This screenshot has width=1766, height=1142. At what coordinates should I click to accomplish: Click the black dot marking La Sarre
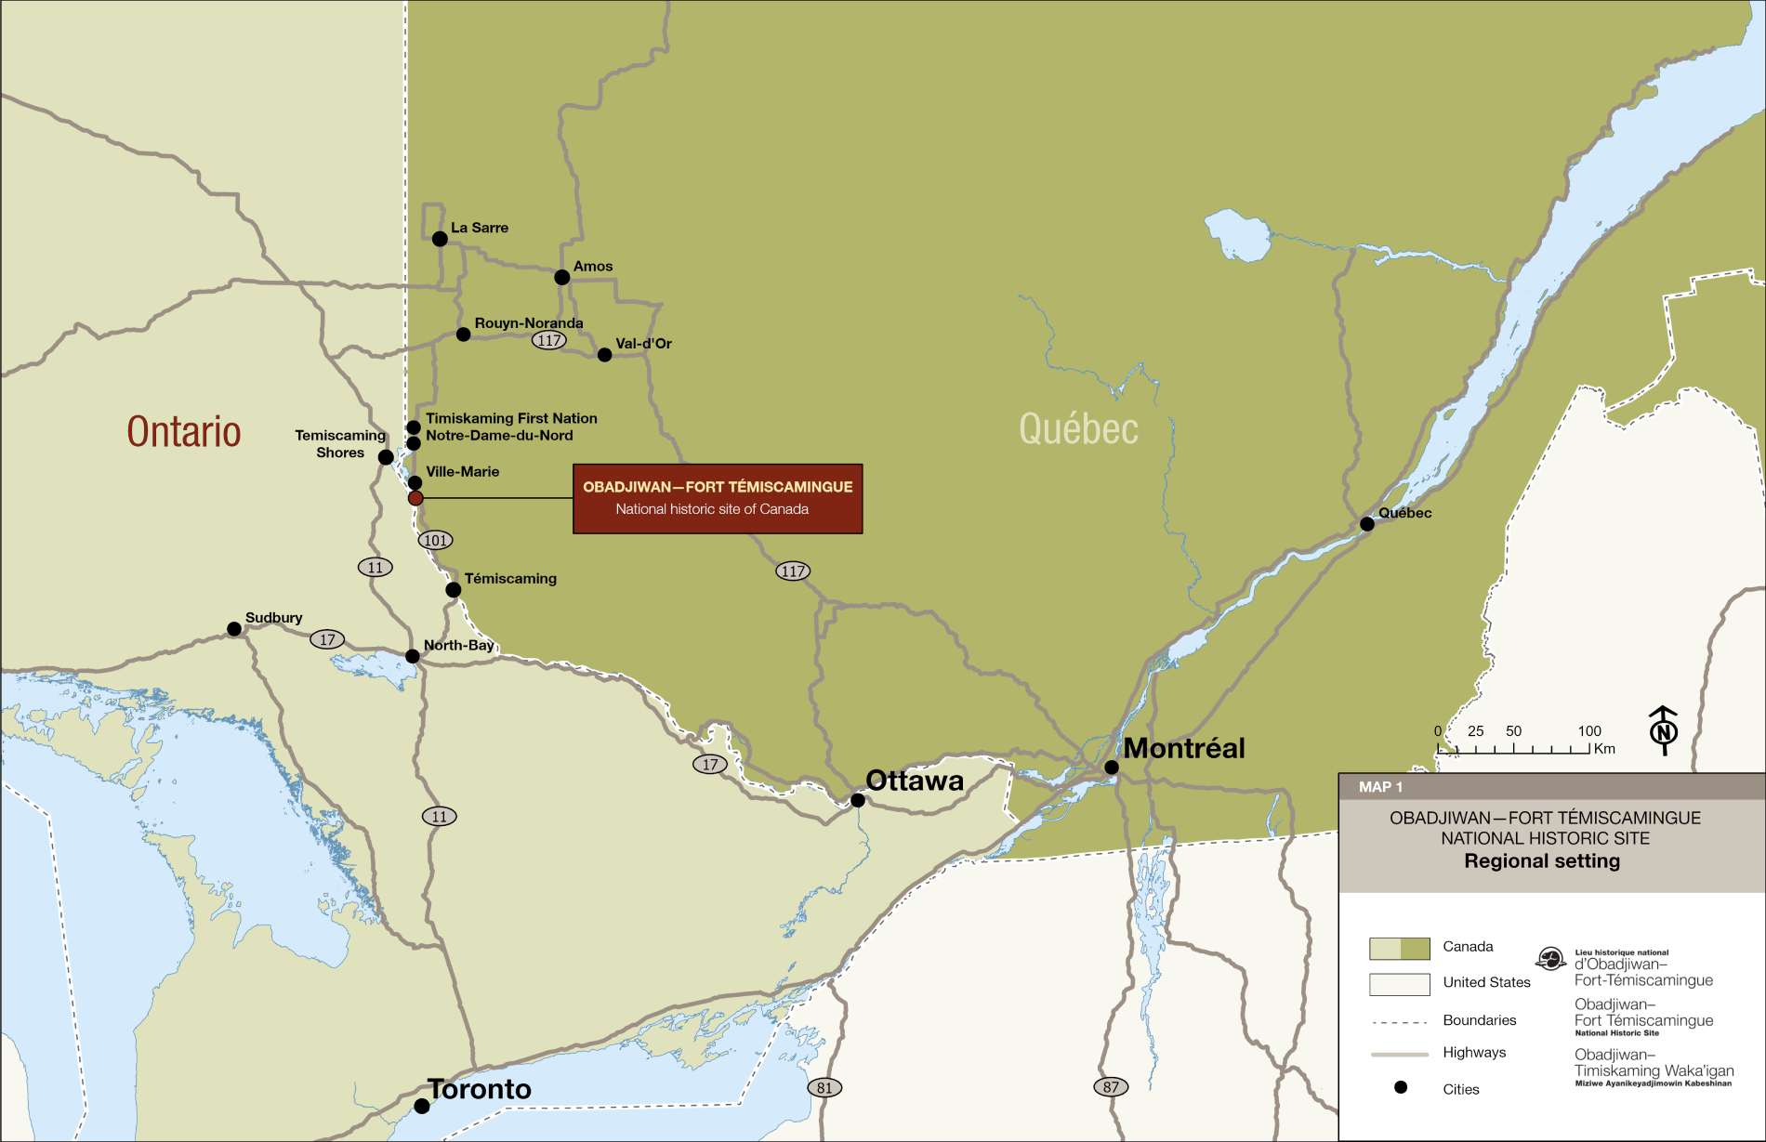(x=440, y=239)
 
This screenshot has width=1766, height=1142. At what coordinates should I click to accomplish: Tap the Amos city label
(x=592, y=267)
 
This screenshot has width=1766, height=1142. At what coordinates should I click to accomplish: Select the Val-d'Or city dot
(x=604, y=355)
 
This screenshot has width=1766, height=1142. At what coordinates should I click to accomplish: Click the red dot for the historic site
(x=415, y=498)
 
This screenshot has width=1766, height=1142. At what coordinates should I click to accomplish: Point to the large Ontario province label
(x=183, y=432)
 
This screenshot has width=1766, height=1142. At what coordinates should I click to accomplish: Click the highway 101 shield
(x=435, y=540)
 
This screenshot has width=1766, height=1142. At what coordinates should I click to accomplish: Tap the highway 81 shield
(x=824, y=1087)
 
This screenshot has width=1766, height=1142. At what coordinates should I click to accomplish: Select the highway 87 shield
(x=1111, y=1086)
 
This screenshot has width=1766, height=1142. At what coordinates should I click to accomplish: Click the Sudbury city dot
(x=234, y=629)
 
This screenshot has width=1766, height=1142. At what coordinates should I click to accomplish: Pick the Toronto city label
(x=480, y=1089)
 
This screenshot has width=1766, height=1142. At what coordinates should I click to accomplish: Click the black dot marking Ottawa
(x=858, y=800)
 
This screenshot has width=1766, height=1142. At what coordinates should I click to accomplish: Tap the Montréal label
(x=1183, y=748)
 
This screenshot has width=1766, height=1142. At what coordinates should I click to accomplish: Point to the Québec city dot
(x=1366, y=524)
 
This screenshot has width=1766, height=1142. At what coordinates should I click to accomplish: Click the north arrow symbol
(x=1663, y=730)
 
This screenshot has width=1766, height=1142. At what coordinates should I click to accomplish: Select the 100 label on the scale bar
(x=1588, y=731)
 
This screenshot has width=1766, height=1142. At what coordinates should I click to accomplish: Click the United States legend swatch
(x=1399, y=984)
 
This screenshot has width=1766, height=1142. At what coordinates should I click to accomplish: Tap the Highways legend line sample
(x=1399, y=1055)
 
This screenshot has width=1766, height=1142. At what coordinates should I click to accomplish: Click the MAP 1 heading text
(x=1380, y=787)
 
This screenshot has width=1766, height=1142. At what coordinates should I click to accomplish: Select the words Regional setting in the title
(x=1541, y=861)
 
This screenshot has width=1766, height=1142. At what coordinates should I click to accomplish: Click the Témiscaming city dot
(x=453, y=590)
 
